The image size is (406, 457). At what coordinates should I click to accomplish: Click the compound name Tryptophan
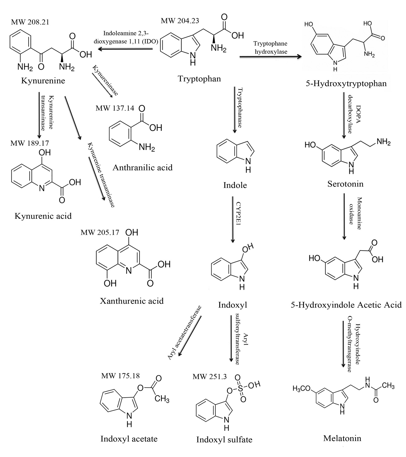199,79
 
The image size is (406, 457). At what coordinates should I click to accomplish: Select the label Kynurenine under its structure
43,81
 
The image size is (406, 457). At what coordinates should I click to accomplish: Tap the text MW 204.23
180,21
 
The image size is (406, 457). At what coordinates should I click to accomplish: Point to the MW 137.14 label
115,108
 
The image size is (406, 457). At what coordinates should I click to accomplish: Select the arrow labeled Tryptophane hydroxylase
270,57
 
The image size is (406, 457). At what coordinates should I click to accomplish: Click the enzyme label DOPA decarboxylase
353,114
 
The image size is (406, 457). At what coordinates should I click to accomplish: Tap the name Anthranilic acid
142,167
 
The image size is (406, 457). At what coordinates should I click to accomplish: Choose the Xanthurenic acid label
132,301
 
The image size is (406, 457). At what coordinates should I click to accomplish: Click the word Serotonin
345,184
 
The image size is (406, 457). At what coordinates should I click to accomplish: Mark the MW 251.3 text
210,377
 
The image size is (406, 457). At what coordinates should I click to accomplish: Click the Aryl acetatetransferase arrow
190,336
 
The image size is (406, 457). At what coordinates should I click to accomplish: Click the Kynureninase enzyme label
105,80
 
